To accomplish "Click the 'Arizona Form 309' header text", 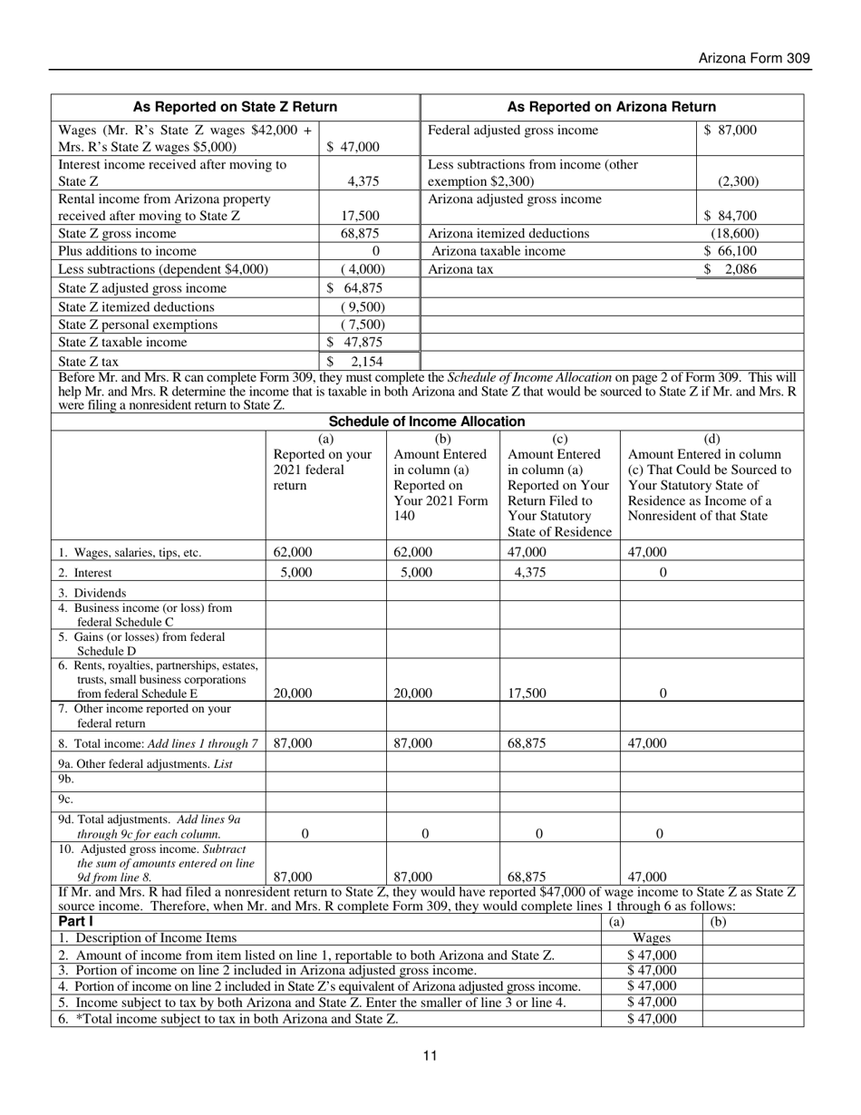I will point(754,58).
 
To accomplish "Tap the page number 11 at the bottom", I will point(430,1055).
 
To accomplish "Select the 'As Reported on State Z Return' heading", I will point(235,107).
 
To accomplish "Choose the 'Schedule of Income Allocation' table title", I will point(426,422).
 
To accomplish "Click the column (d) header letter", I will point(711,438).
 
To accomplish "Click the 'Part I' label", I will point(75,922).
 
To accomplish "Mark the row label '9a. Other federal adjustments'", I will point(145,763).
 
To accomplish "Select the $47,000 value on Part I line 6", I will point(651,1019).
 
